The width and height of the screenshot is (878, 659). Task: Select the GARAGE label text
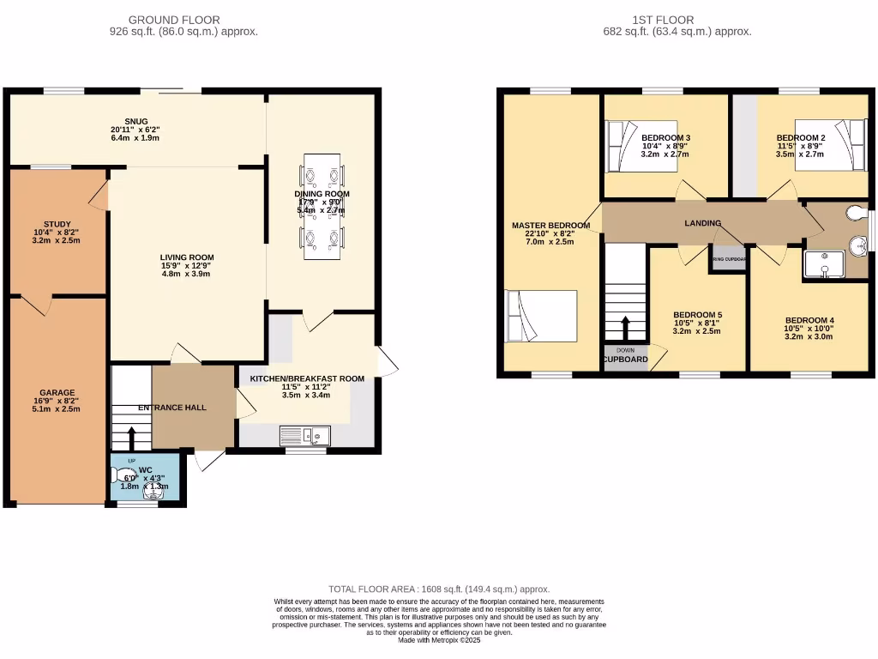click(x=57, y=392)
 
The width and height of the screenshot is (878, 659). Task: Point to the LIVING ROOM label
click(x=187, y=257)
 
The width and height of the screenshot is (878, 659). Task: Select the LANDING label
click(x=702, y=223)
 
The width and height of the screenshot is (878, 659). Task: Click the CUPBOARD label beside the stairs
click(x=625, y=360)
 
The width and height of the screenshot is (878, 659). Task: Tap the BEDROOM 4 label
click(x=809, y=320)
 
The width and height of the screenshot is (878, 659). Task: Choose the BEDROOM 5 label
click(x=697, y=314)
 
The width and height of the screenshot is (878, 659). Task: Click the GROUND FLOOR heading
click(x=173, y=20)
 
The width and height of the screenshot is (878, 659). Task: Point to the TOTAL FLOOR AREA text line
click(x=439, y=589)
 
